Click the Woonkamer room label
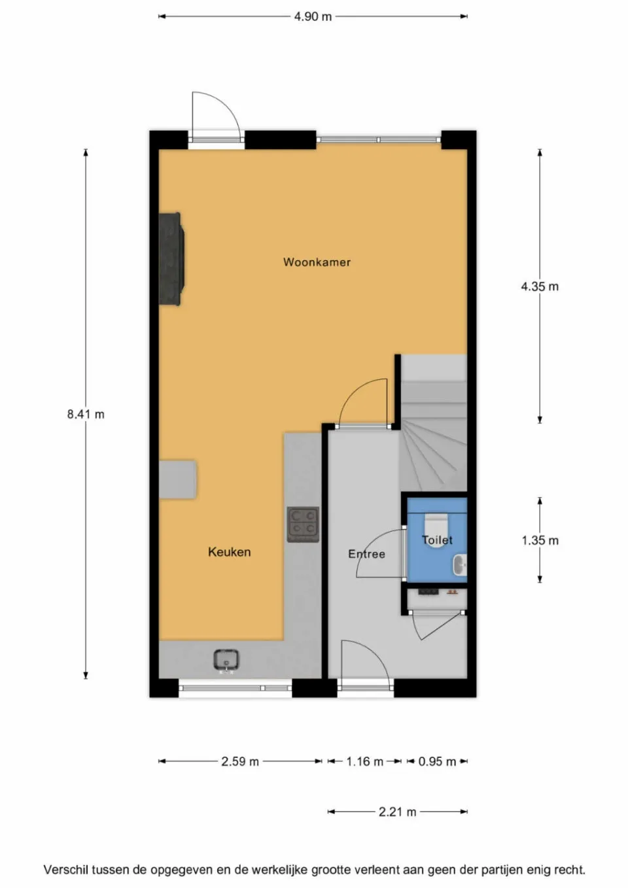coord(317,262)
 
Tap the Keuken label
coord(229,552)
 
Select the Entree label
coord(366,554)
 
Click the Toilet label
coord(437,540)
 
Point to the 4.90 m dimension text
coord(313,16)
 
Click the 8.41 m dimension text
coord(86,414)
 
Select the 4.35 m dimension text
coord(540,286)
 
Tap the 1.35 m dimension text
coord(540,540)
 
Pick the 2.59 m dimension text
coord(240,761)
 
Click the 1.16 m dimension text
coord(364,761)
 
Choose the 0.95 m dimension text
coord(437,761)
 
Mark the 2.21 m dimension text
coord(397,811)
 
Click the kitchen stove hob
coord(303,524)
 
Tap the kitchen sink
coord(226,660)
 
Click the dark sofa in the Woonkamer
coord(171,258)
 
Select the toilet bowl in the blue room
coord(436,525)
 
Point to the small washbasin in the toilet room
coord(461,564)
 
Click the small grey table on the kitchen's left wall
coord(177,479)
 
